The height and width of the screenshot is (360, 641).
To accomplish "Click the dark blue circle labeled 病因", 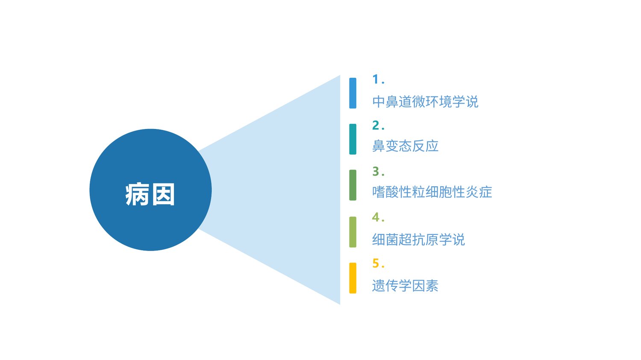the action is (150, 190).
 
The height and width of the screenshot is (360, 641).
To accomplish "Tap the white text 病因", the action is (150, 194).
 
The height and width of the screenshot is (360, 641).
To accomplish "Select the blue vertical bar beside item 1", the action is (353, 93).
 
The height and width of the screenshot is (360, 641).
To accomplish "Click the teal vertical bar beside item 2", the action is (353, 139).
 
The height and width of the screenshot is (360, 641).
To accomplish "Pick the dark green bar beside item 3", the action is (353, 185).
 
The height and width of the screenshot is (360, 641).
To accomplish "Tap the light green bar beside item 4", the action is (353, 232).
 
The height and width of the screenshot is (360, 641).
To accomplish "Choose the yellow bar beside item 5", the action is (353, 278).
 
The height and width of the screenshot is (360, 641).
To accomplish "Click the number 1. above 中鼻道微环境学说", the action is (378, 79).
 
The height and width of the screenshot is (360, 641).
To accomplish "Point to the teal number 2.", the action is (378, 125).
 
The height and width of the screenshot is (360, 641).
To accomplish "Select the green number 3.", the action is (378, 171).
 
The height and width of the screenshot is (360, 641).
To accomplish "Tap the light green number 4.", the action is (378, 217).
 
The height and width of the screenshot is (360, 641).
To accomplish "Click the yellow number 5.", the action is (378, 263).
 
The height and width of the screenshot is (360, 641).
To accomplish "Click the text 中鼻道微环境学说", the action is (425, 102).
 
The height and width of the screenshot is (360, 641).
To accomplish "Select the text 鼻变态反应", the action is (405, 146).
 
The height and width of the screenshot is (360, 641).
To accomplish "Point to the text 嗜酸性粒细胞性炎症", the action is (432, 192).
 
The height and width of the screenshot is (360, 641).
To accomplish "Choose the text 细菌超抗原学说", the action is (418, 239).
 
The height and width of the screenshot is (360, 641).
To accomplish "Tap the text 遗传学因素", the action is (405, 285).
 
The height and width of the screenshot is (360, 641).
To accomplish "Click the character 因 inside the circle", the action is (163, 194).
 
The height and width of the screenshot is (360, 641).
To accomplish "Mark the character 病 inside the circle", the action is (137, 194).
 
